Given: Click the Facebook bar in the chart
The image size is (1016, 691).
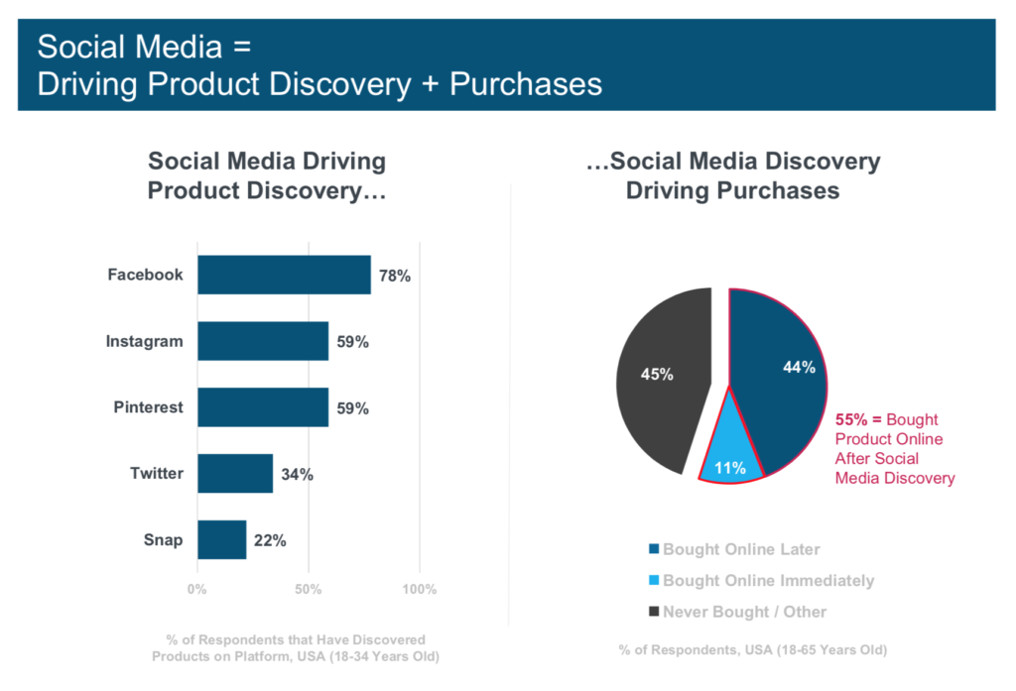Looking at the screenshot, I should coord(284,275).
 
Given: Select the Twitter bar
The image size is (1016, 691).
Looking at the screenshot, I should coord(235,473).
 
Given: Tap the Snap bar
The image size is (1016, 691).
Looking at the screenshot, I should coord(221,539).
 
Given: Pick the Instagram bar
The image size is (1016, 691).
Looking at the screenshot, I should coord(263,341).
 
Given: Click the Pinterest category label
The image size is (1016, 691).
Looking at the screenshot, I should coord(148,407).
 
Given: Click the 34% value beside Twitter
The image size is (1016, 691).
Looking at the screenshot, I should coord(297,474).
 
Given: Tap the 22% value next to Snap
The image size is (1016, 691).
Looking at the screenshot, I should coord(270,540).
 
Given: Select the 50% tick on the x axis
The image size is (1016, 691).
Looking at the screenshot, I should coord(308,590).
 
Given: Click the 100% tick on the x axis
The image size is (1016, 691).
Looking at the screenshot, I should coord(419,590).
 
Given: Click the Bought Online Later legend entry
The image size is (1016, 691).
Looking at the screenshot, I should coord(734,549).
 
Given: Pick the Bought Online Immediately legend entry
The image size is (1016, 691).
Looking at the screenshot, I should coord(760,580).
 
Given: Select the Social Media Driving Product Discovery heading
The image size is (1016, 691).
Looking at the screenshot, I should coord(266,175).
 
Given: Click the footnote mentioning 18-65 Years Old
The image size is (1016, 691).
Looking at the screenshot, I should coord(752,650).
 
